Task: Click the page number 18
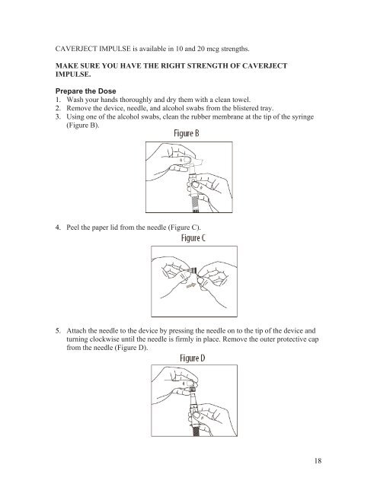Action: click(318, 460)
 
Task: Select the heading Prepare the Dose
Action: click(85, 91)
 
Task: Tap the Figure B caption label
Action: click(186, 133)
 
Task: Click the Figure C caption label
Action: click(193, 238)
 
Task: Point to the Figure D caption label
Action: click(193, 358)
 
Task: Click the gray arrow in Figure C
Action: click(191, 285)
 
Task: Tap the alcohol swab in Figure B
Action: click(196, 162)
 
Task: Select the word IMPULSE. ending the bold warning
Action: click(73, 75)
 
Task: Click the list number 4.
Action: click(58, 228)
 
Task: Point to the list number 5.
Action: click(58, 330)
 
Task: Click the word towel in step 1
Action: click(241, 100)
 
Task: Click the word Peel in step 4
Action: click(72, 228)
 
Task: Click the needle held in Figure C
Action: click(191, 271)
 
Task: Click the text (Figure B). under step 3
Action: click(83, 125)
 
